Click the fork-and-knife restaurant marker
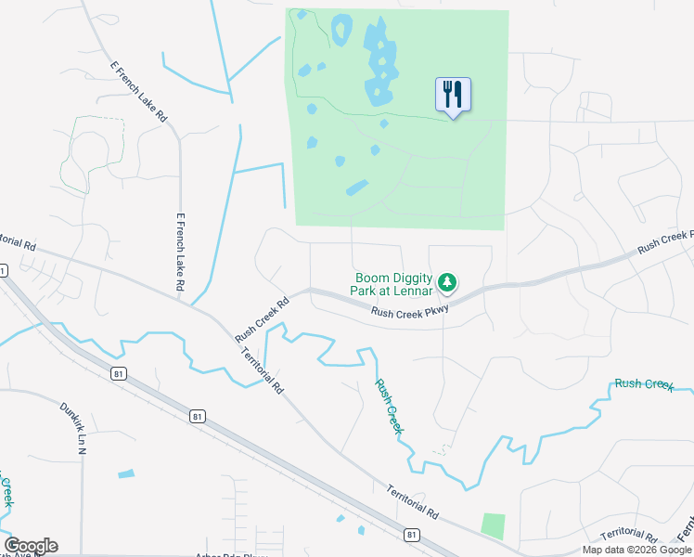click(453, 95)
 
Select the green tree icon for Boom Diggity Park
click(448, 281)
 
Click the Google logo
click(31, 546)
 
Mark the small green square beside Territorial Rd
click(494, 525)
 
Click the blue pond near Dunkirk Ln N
click(125, 474)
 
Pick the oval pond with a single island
click(341, 30)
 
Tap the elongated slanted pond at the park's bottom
click(356, 188)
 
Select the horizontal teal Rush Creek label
click(643, 383)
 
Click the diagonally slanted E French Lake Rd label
click(138, 93)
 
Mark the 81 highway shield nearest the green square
click(410, 534)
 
